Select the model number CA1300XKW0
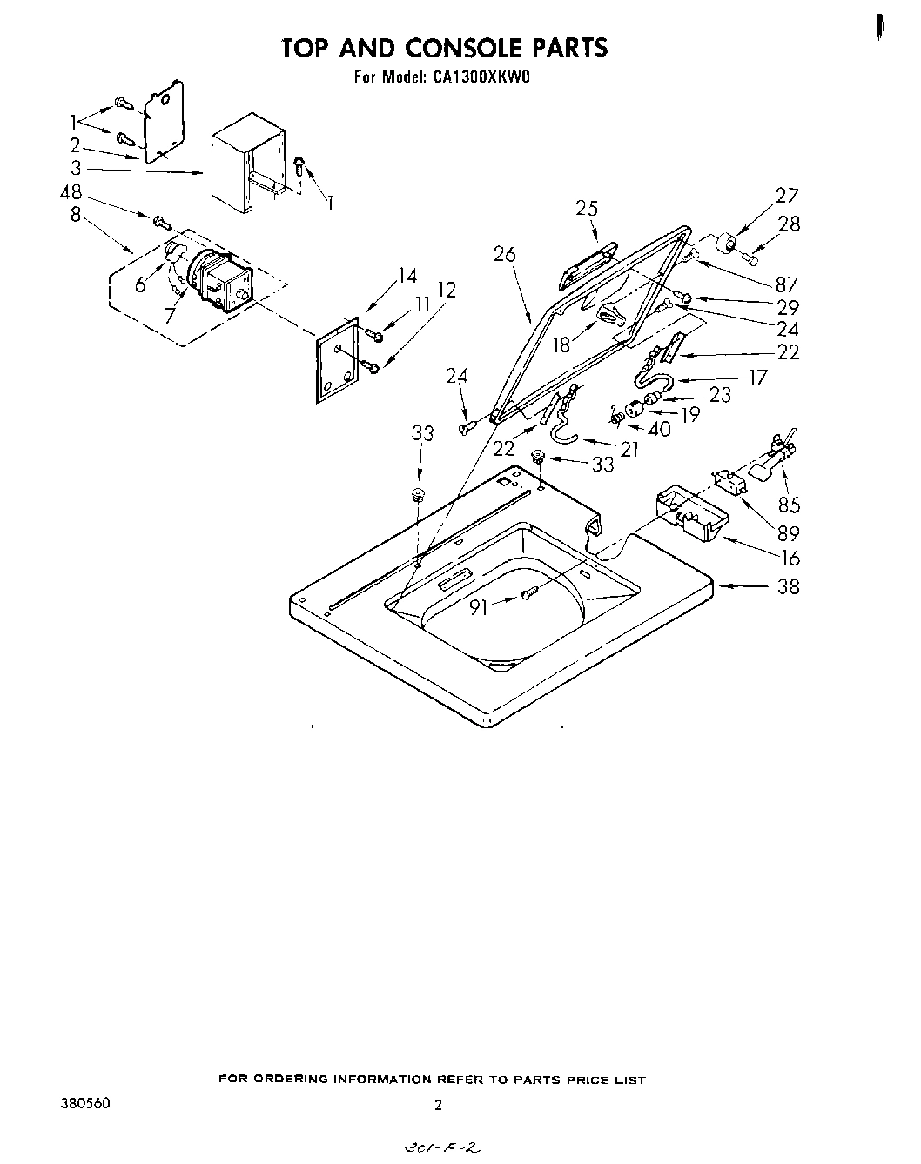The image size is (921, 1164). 478,77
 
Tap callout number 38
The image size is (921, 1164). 787,586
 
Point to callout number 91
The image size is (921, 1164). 479,608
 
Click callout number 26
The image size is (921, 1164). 504,254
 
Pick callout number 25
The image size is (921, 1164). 587,208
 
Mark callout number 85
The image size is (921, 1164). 790,504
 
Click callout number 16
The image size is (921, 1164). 789,558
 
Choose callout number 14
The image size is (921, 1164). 407,277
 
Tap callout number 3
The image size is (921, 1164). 77,169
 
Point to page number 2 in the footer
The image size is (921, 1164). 438,1106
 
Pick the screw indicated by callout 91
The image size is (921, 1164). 528,593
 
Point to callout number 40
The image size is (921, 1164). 659,429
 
